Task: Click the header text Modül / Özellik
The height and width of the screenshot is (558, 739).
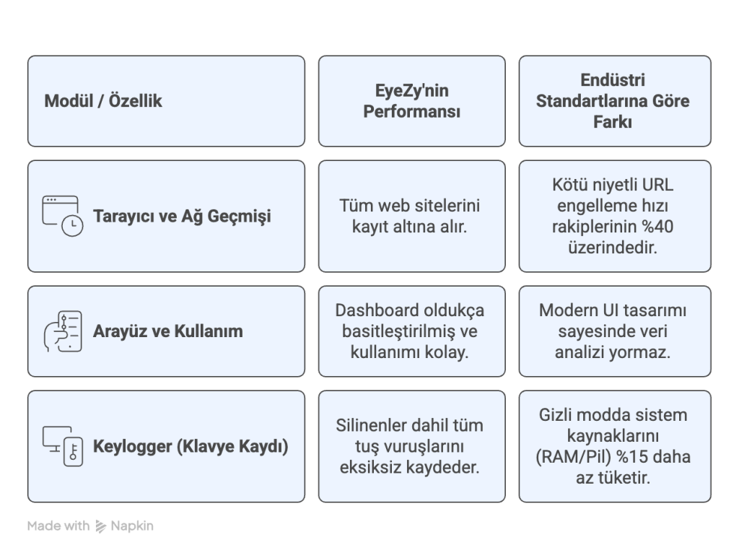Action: coord(102,101)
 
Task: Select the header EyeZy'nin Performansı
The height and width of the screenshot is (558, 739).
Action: coord(411,101)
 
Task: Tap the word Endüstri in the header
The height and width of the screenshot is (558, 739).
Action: coord(612,80)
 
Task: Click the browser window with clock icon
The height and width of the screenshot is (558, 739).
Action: coord(62,216)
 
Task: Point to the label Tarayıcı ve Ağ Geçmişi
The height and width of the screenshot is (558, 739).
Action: coord(182,217)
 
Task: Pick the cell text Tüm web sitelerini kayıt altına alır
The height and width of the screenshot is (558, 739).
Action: coord(410,216)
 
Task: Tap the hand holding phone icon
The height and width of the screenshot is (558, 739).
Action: coord(62,331)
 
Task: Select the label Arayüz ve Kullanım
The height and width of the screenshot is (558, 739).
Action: coord(167,331)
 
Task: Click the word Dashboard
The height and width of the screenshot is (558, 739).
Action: coord(372,310)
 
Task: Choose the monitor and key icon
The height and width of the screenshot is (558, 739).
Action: coord(62,446)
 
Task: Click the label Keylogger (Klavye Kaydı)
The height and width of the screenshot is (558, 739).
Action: coord(191,446)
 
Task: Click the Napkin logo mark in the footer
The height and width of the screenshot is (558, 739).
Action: coord(100,526)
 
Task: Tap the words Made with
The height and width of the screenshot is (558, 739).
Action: coord(58,526)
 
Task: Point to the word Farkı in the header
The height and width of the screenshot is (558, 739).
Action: coord(612,122)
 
